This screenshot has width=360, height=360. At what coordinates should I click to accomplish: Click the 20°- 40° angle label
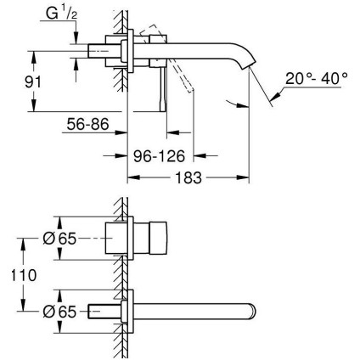click(316, 79)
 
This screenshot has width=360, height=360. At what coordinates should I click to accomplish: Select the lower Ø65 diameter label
click(57, 312)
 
